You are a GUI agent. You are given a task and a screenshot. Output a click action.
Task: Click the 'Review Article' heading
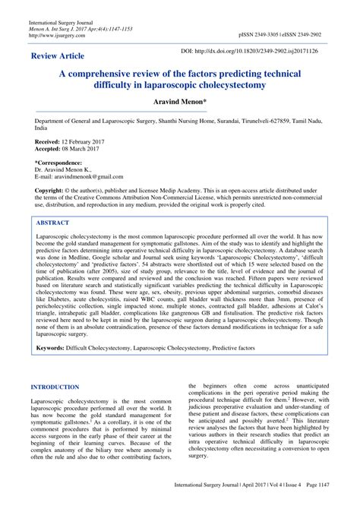pyautogui.click(x=58, y=57)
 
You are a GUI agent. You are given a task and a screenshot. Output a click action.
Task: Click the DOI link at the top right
pyautogui.click(x=258, y=49)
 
